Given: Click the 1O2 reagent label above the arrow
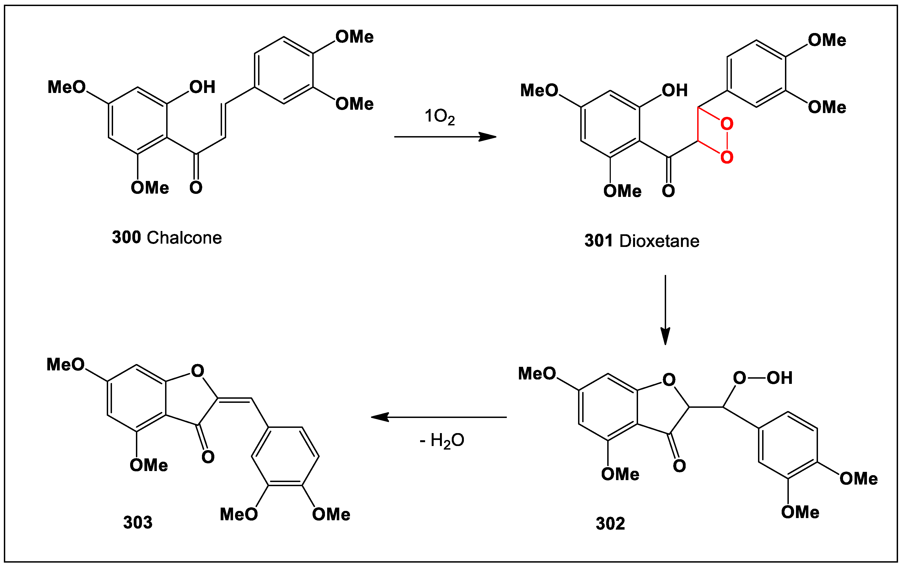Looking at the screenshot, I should (x=439, y=117).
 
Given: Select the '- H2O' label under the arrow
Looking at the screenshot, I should (x=442, y=440).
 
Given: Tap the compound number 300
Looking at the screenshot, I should (x=126, y=237).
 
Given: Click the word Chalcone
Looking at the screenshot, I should (x=184, y=238).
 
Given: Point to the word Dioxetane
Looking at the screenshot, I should (x=659, y=241).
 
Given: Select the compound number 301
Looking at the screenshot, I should (x=598, y=241).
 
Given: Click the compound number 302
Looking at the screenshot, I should (x=610, y=524).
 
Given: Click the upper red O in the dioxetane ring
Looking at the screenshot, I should (x=727, y=124).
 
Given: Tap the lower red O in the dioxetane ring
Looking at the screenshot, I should (x=727, y=157).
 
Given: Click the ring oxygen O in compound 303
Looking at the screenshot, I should (x=197, y=371).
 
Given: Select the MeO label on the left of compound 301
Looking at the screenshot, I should (x=539, y=90).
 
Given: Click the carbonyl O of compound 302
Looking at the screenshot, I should (x=679, y=466).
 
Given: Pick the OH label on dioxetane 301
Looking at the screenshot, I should (x=675, y=90).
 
